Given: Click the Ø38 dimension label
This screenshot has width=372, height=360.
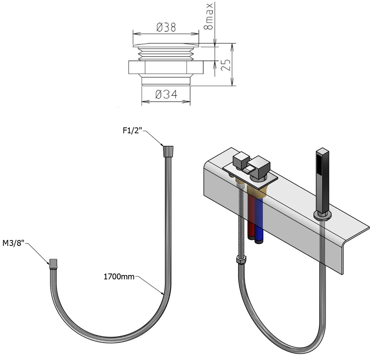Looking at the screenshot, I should pyautogui.click(x=166, y=27).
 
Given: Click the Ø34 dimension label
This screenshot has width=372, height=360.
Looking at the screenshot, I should pyautogui.click(x=166, y=95).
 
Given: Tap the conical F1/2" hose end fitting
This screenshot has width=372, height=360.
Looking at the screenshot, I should pyautogui.click(x=168, y=150).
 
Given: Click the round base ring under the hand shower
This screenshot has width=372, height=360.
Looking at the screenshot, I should pyautogui.click(x=322, y=216).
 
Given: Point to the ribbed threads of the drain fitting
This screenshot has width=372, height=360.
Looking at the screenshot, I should pyautogui.click(x=166, y=54).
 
